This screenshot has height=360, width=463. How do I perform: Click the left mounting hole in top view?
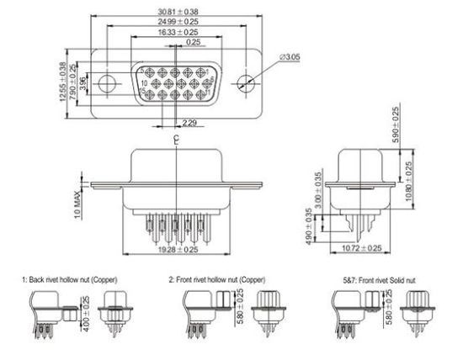[107, 84]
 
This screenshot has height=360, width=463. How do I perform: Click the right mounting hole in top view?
[245, 84]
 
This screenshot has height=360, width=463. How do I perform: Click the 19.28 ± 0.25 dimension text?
[177, 251]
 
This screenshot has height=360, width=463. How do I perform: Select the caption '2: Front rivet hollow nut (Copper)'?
[219, 278]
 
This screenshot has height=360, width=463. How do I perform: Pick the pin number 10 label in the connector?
[144, 84]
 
